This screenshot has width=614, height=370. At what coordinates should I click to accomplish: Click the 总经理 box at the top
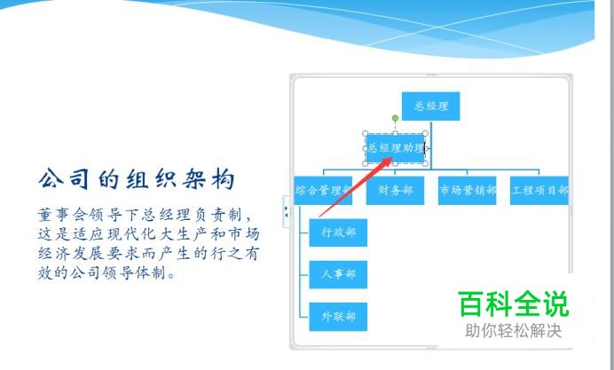(430, 106)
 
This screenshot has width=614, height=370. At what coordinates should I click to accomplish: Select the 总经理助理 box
(395, 148)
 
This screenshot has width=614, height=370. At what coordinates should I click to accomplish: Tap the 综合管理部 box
(323, 191)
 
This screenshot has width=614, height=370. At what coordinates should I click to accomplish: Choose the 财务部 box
(395, 191)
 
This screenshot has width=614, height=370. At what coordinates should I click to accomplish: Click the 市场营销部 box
(468, 191)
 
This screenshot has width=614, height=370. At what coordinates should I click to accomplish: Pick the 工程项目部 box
(539, 191)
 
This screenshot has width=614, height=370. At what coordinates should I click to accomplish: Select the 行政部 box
(338, 232)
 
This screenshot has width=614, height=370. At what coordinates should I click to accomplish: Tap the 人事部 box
(338, 274)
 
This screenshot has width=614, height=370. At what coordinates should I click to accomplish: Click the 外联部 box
(338, 317)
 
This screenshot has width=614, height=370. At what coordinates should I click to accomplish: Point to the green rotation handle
(395, 118)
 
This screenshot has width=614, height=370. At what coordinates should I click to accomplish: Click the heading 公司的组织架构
(137, 179)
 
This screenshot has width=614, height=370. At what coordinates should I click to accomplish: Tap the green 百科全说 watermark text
(513, 303)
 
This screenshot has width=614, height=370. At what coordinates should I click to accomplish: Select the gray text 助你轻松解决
(514, 331)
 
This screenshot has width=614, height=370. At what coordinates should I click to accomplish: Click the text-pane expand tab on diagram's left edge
(287, 211)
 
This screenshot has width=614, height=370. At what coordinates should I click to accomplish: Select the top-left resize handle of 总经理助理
(366, 133)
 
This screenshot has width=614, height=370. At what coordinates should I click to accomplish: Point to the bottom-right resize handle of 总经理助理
(425, 163)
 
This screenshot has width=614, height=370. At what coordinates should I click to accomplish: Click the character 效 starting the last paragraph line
(45, 272)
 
